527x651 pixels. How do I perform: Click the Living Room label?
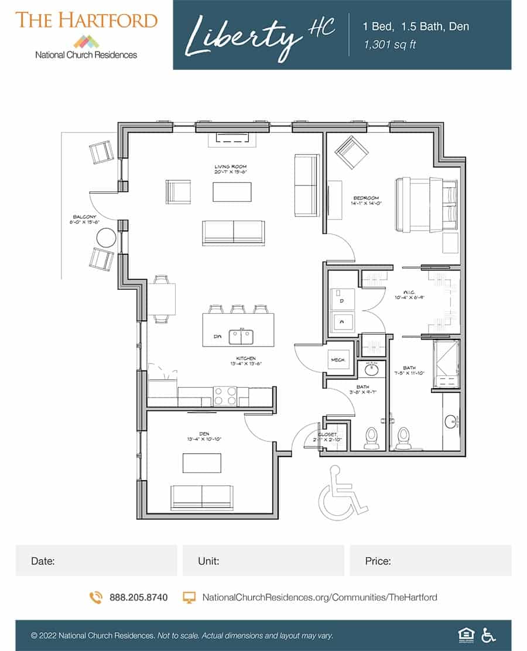point(230,167)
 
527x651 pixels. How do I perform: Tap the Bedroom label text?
point(367,198)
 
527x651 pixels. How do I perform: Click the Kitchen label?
point(247,358)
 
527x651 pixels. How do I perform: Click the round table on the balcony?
point(107,238)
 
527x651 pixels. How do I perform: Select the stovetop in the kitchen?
point(225,396)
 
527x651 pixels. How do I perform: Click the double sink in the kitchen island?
point(241,337)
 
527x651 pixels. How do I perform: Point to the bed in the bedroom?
point(426,204)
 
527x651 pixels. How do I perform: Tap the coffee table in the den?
point(201,463)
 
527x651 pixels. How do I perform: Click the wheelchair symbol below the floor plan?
point(338,492)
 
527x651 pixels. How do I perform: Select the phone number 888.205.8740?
point(138,598)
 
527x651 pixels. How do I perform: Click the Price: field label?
point(378,561)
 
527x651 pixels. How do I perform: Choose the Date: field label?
point(43,561)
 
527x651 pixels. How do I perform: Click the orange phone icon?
point(96,598)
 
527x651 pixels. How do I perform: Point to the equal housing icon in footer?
point(464,635)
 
